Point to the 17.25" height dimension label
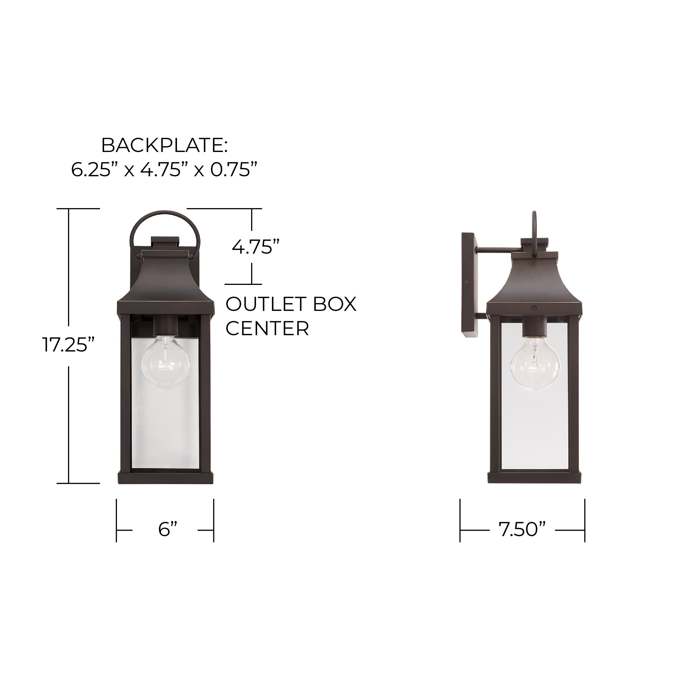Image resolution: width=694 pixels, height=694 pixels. (x=69, y=345)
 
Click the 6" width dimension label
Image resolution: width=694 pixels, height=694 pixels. (x=168, y=529)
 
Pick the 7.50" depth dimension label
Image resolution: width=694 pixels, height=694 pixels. (x=522, y=529)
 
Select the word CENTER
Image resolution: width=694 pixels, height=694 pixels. (x=267, y=328)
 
